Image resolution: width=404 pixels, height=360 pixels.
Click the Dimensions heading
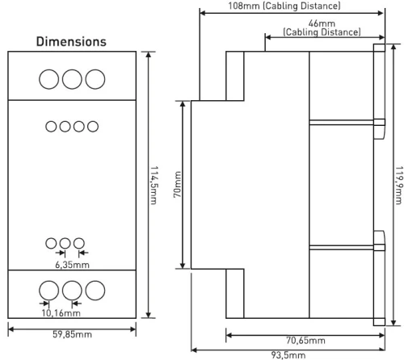tap(71, 42)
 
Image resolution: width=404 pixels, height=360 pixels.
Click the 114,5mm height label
tap(154, 185)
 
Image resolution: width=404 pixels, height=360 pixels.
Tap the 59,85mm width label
tap(72, 334)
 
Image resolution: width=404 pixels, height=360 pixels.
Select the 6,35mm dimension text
tap(72, 265)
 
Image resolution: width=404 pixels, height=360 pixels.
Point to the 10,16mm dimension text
tap(61, 313)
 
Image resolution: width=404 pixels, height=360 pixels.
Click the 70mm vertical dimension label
tap(177, 185)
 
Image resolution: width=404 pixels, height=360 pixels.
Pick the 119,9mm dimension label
tap(399, 185)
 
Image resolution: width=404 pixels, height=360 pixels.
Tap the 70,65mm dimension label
tap(305, 341)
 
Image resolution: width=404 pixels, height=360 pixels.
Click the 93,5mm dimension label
tap(288, 355)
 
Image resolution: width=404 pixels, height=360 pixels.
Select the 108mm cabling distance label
tap(284, 6)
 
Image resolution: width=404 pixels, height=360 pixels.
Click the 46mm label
tap(322, 23)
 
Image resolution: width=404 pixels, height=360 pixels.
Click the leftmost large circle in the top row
tap(49, 79)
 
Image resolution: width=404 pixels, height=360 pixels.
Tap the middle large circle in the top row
tap(72, 79)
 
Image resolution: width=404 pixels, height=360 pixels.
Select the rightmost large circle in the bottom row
tap(95, 291)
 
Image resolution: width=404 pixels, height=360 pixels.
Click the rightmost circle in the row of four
tap(93, 127)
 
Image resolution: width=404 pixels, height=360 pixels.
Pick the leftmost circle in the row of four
tap(51, 127)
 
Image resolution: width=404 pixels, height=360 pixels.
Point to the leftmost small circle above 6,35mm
tap(51, 243)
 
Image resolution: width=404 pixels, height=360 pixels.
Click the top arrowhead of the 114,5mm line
tap(149, 54)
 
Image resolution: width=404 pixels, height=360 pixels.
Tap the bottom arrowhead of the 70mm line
tap(183, 266)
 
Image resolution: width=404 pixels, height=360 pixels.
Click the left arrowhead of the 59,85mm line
tap(11, 329)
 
